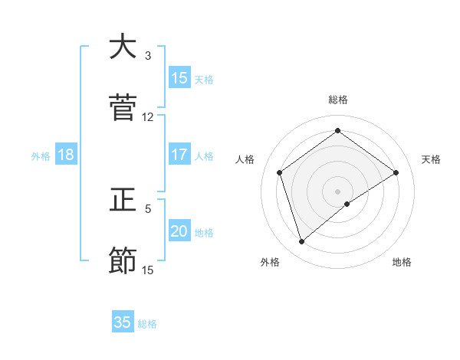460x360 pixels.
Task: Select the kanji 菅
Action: point(123,108)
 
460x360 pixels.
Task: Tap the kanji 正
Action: point(123,200)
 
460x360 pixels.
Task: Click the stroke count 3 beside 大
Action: point(148,56)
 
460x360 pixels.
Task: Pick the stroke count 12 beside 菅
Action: point(148,117)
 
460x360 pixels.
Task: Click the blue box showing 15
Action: point(179,78)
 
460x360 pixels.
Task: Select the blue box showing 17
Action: point(179,155)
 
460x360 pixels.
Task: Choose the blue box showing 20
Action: point(179,231)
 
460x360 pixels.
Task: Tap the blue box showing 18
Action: point(66,155)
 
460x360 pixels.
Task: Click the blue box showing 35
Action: point(123,322)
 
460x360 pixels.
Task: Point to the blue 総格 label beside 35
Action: point(148,324)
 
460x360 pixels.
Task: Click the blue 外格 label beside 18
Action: point(41,156)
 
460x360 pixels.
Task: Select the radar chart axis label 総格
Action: point(338,100)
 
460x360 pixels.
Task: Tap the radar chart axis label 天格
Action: point(432,159)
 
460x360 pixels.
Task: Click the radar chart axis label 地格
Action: point(402,262)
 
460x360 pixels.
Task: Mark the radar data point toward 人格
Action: point(280,172)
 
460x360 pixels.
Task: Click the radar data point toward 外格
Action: point(302,242)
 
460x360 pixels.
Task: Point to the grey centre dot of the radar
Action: point(338,191)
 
